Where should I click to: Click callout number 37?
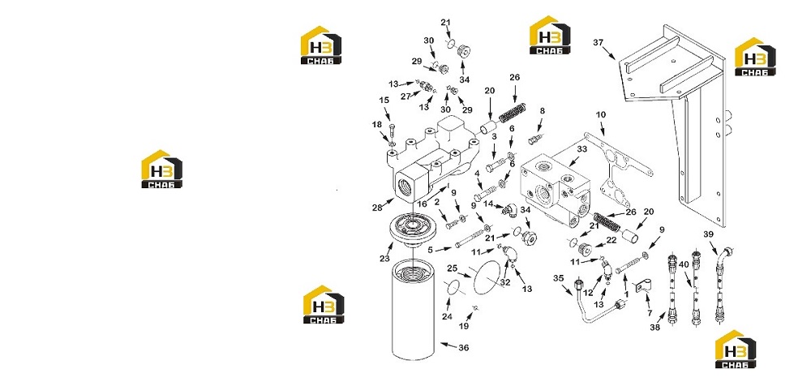(598, 42)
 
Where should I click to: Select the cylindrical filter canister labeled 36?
(413, 310)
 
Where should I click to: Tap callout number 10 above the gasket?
(600, 114)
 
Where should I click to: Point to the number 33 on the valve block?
(581, 149)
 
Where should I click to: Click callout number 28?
(376, 208)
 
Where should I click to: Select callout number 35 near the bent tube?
(559, 278)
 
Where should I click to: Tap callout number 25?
(453, 268)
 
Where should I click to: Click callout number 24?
(447, 316)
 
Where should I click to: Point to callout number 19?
(464, 326)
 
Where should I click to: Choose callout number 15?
(384, 100)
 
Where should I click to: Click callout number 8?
(542, 111)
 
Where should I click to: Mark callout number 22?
(611, 240)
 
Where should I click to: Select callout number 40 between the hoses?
(684, 264)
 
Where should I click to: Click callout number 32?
(505, 282)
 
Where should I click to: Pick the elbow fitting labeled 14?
(513, 209)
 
